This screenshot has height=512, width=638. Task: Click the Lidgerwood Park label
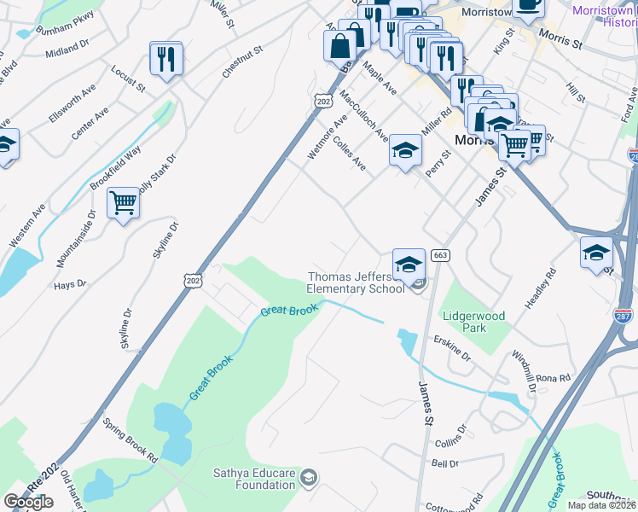point(473,321)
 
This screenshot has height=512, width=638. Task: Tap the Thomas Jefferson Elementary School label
point(357,282)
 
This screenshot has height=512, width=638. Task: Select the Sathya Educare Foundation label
point(254,480)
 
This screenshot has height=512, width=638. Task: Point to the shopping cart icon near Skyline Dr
point(124,203)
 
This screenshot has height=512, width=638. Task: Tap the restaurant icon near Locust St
point(166,59)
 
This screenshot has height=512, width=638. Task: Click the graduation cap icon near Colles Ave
point(406,151)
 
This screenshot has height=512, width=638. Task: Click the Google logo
point(28,502)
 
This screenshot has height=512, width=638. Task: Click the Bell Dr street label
point(445,463)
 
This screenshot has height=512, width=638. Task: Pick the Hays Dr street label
point(71,283)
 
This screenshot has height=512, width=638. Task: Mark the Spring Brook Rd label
point(130,440)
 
